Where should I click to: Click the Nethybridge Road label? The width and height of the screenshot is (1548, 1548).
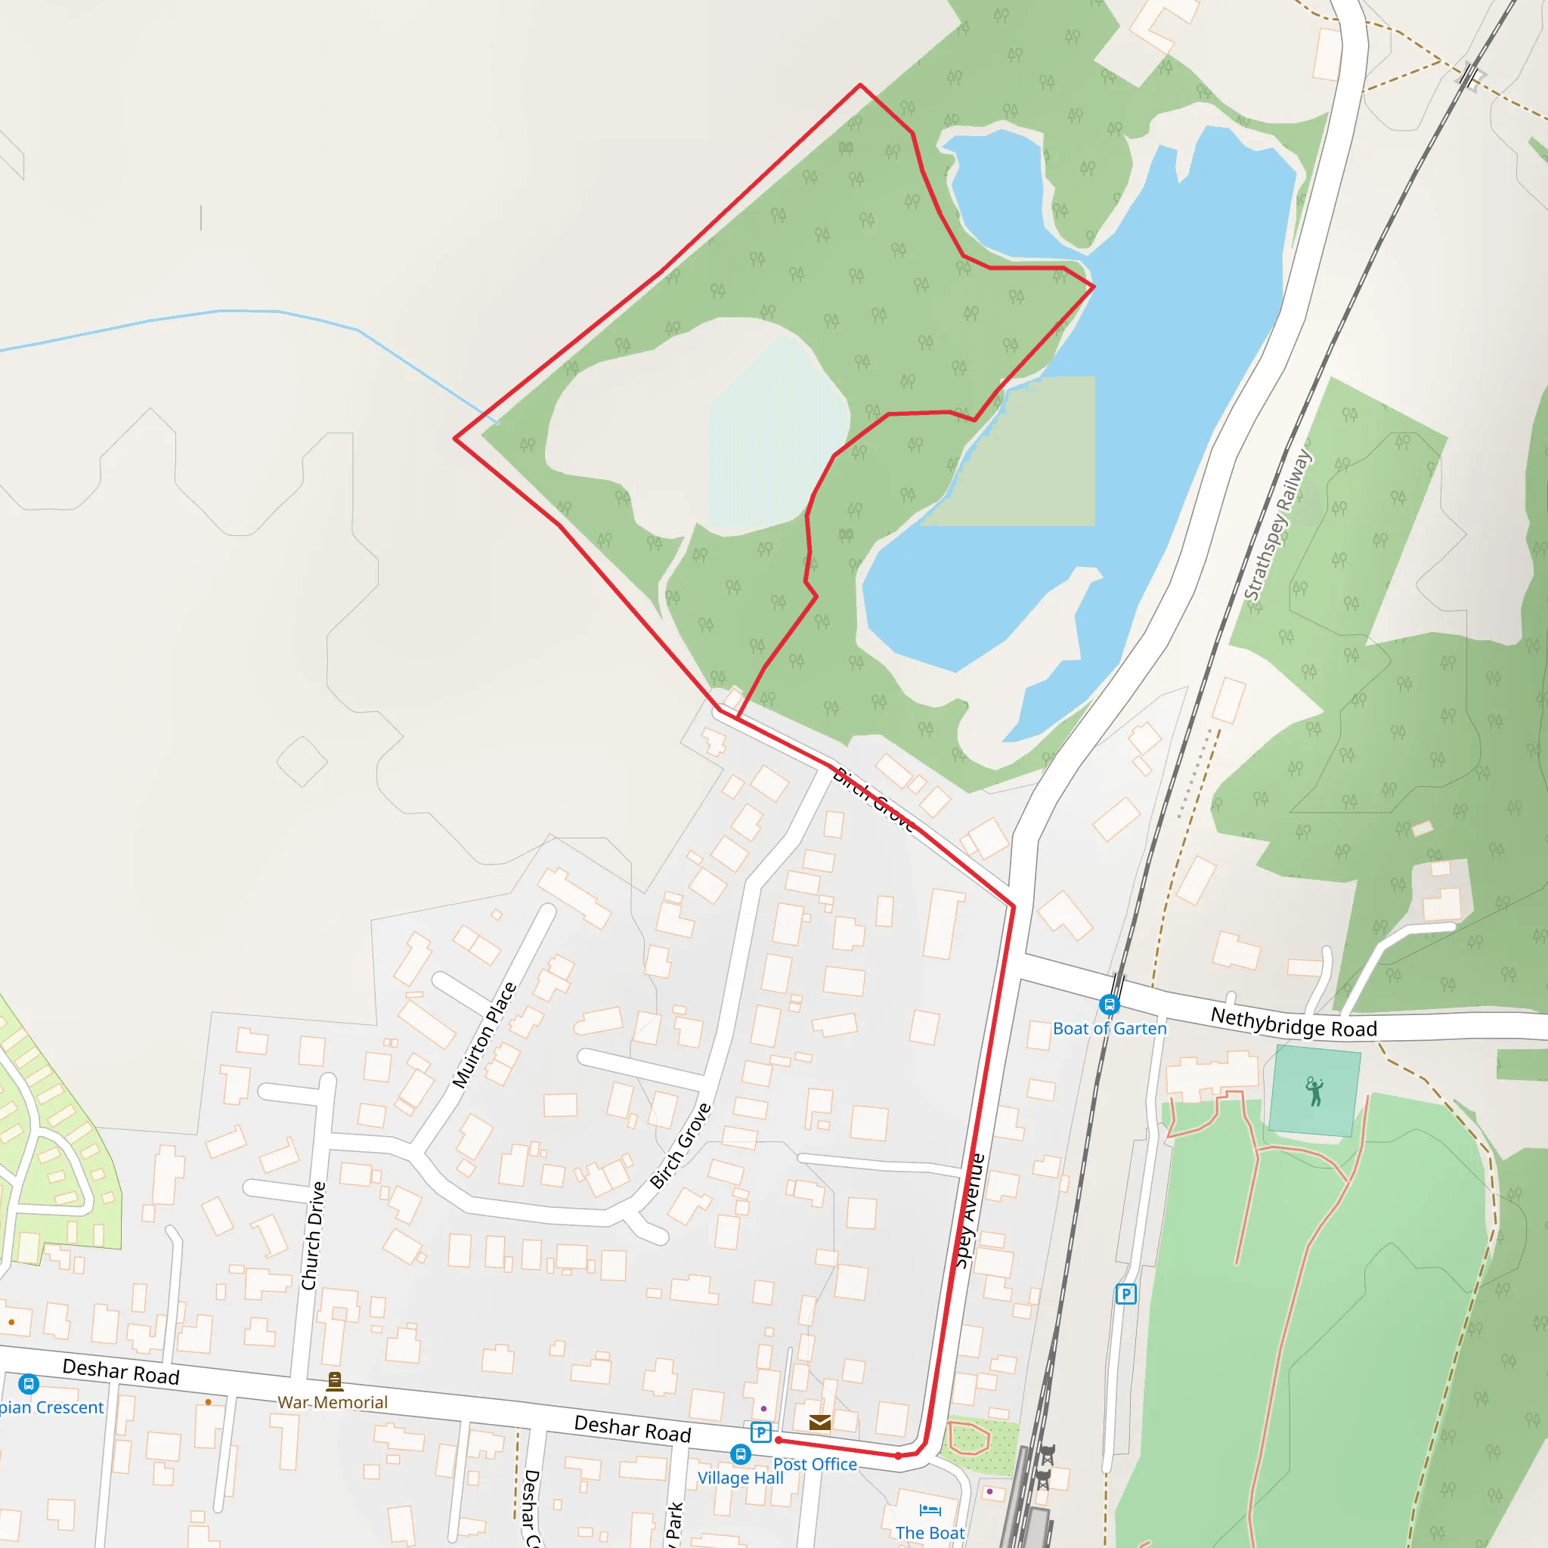click(1293, 1023)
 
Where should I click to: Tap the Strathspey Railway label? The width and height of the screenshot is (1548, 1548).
click(1277, 525)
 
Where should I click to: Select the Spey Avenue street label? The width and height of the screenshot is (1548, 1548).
click(969, 1210)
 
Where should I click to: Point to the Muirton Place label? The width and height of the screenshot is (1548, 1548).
click(484, 1035)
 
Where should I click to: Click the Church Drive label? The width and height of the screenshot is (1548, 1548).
click(313, 1236)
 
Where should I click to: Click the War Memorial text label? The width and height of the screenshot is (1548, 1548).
click(332, 1402)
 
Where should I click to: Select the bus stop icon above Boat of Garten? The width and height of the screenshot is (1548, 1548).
click(1109, 1005)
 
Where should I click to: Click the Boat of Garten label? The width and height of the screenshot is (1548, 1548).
click(1109, 1029)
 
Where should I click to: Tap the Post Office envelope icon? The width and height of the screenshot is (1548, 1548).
click(819, 1423)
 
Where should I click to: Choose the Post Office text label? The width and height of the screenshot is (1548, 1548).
click(815, 1464)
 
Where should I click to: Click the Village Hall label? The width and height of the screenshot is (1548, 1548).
click(740, 1478)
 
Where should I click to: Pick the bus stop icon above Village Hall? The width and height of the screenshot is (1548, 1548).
click(740, 1454)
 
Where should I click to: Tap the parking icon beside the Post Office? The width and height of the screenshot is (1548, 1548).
click(761, 1432)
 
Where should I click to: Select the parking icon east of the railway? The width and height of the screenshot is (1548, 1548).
click(1125, 1294)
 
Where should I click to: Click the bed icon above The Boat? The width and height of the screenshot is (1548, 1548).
click(930, 1510)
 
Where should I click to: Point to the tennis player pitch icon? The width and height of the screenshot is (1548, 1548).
click(1314, 1091)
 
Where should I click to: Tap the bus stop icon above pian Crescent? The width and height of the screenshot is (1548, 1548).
click(29, 1384)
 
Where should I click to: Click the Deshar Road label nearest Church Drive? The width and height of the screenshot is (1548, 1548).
click(121, 1371)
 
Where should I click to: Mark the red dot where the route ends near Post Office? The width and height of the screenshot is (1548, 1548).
click(778, 1440)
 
